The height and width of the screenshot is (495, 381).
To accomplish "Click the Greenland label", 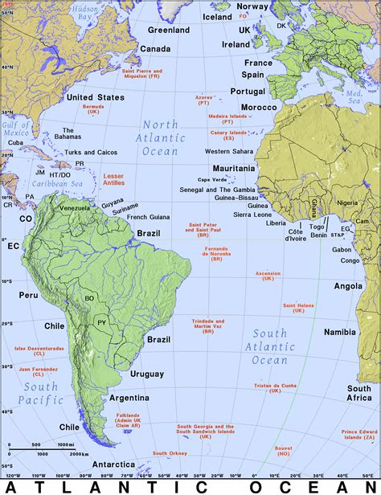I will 169,31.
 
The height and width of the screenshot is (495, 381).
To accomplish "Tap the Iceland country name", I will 217,16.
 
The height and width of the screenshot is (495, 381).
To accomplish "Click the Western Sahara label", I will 229,151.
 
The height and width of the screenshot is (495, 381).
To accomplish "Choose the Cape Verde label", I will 213,179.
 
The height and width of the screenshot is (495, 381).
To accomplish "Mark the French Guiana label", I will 147,217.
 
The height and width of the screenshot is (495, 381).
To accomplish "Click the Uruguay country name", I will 147,374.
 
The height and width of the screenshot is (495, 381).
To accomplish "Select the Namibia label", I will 340,332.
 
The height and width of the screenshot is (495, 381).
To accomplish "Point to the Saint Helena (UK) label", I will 298,308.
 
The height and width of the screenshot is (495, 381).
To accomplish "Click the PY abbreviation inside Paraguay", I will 101,322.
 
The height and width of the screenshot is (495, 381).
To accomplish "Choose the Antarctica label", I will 113,464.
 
